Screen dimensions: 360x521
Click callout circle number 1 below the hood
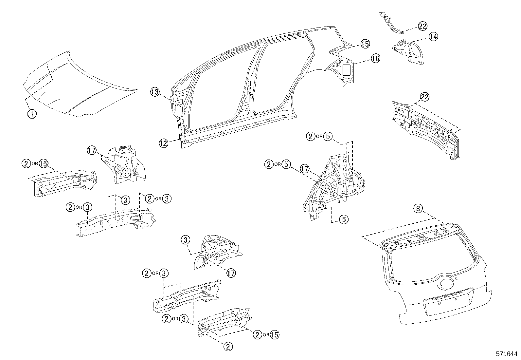(x=32, y=114)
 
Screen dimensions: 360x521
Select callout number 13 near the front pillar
(x=155, y=92)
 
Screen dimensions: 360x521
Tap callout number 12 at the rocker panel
(x=164, y=143)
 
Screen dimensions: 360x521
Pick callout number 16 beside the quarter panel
(x=375, y=59)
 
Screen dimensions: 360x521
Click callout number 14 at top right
(x=433, y=37)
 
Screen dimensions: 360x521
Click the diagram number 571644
(x=507, y=354)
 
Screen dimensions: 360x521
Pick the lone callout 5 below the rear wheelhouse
(x=344, y=219)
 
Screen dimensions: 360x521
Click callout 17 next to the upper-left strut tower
(x=92, y=151)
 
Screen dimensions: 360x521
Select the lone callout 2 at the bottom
(x=228, y=346)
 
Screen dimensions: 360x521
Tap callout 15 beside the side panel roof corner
(x=365, y=44)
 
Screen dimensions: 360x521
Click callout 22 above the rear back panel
(x=424, y=97)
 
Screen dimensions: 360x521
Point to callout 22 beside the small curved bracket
(x=422, y=27)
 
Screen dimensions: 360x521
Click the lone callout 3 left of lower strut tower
(x=185, y=240)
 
